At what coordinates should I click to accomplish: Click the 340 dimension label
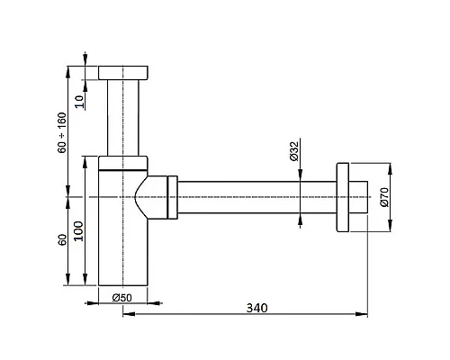(x=256, y=307)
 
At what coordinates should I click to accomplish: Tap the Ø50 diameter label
(x=122, y=297)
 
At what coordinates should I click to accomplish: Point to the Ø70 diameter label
(x=384, y=196)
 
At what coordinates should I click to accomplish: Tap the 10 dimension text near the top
(x=80, y=100)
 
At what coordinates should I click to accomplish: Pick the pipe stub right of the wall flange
(x=360, y=196)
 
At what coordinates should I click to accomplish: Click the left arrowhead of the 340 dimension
(x=125, y=315)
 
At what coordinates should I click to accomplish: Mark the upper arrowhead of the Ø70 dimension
(x=390, y=166)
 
